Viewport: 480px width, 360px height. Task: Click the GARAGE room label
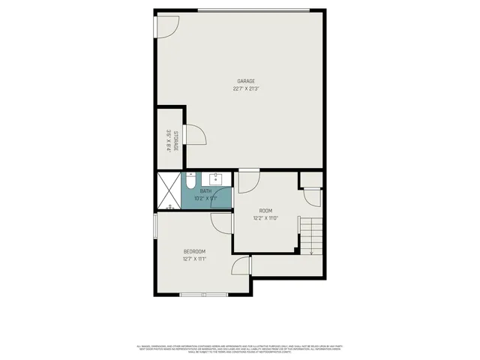[246, 81]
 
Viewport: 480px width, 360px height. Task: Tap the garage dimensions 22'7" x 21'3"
[246, 88]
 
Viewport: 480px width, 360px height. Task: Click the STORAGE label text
[175, 140]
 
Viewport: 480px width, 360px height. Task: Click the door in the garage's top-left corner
[166, 25]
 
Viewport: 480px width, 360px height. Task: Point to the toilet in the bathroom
[190, 181]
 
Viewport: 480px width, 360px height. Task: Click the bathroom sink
[216, 180]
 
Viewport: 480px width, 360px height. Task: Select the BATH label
[205, 191]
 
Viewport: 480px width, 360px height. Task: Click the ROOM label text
[265, 211]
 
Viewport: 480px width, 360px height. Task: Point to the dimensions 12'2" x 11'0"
[265, 218]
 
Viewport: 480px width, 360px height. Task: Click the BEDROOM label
[194, 251]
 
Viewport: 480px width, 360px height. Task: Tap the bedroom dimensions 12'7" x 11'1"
[194, 259]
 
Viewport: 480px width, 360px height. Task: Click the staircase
[311, 234]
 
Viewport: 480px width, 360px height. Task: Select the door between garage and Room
[249, 180]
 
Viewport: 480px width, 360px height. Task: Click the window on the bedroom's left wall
[154, 225]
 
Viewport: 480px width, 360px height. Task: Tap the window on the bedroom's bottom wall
[204, 295]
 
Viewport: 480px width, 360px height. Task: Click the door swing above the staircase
[311, 196]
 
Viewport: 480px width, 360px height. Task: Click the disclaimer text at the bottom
[240, 348]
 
